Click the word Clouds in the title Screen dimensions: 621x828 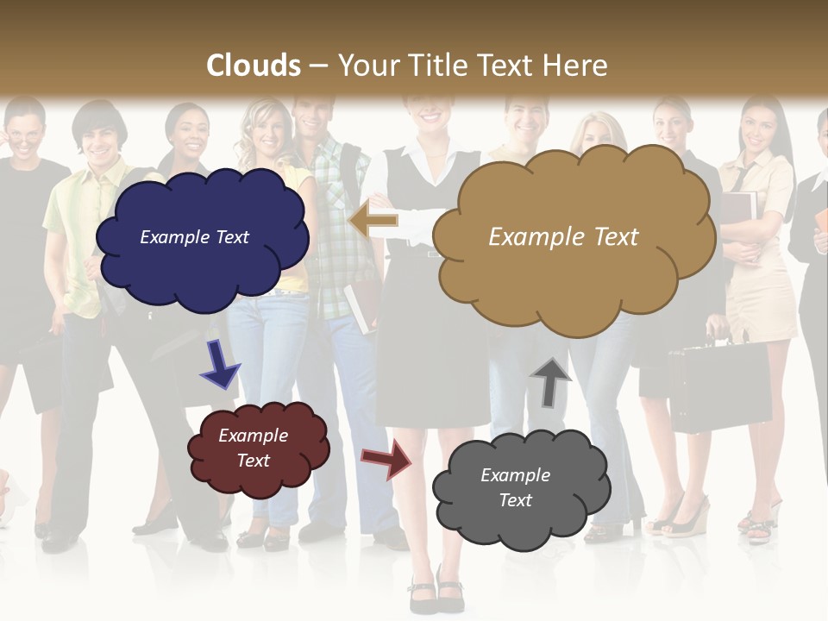pos(254,66)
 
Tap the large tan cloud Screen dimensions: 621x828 pos(569,237)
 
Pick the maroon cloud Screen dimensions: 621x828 pos(257,448)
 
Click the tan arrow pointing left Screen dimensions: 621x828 pos(373,220)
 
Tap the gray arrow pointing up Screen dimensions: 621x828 pos(550,380)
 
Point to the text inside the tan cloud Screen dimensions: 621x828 pos(563,237)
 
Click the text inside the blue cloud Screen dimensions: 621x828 pos(194,237)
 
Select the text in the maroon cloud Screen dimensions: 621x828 pos(254,448)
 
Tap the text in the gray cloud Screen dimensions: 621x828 pos(515,487)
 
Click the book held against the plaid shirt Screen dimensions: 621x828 pos(358,306)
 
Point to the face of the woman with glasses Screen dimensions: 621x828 pos(26,129)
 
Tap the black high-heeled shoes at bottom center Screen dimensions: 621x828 pos(436,593)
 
